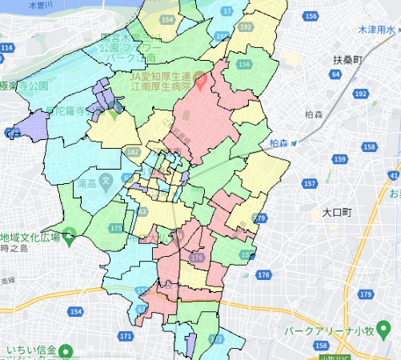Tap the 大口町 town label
338,213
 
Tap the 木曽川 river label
36,5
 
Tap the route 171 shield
125,337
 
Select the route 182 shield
133,151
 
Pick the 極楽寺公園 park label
24,86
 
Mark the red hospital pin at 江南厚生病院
201,81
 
